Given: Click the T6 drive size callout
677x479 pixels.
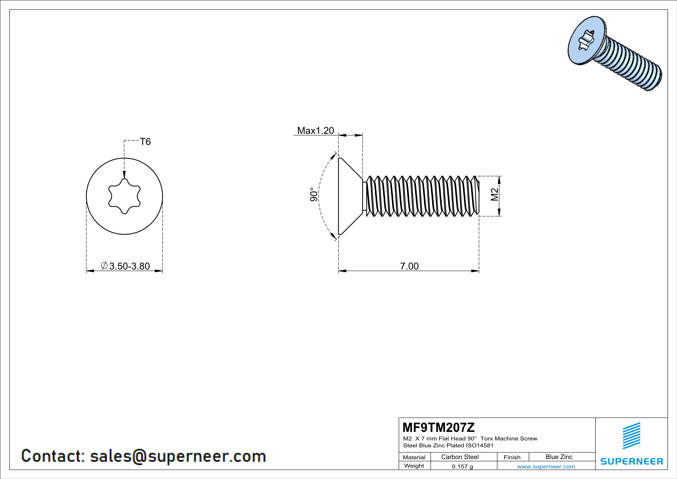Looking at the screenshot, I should [145, 142].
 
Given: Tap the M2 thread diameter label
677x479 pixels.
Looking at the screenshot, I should [495, 195].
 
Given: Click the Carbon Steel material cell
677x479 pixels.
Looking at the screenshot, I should [460, 457].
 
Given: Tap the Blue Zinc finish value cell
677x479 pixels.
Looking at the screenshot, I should [559, 457].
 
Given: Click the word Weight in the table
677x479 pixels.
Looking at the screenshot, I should [414, 466].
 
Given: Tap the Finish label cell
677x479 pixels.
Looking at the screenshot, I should [512, 457].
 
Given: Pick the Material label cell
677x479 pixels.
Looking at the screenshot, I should [414, 457].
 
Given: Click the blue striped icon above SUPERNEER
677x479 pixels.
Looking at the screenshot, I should [631, 436].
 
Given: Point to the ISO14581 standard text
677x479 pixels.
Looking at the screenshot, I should [480, 446].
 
